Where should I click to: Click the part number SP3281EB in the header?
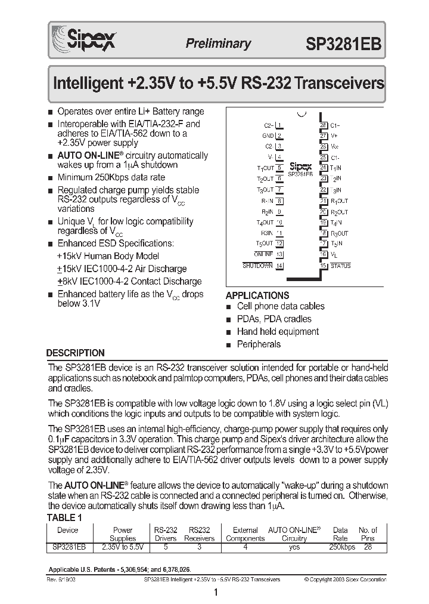(344, 44)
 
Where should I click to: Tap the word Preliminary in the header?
(218, 44)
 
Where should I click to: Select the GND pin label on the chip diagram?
(268, 135)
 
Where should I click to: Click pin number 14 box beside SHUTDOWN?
(279, 266)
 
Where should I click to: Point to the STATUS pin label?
(340, 266)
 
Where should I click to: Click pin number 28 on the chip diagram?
(324, 125)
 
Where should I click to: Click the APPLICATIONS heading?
(257, 295)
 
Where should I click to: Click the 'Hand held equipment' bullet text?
(278, 331)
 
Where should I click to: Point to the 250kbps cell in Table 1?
(340, 546)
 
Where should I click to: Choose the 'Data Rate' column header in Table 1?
(340, 534)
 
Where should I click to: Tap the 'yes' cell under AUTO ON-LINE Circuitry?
(294, 546)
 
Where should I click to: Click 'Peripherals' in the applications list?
(259, 344)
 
